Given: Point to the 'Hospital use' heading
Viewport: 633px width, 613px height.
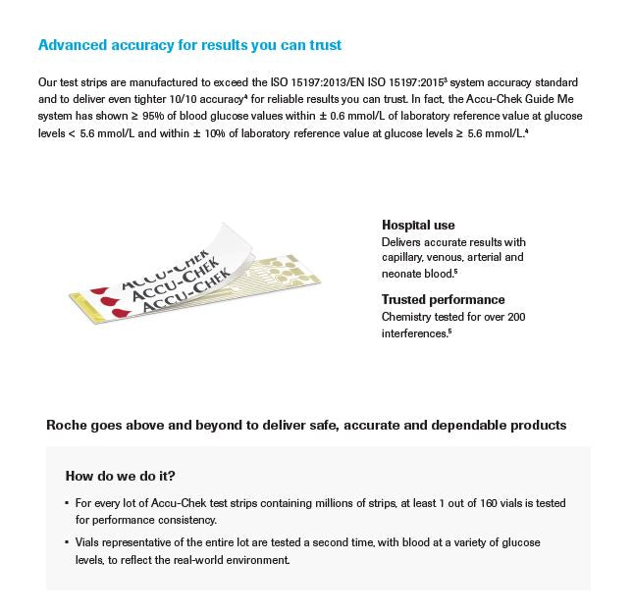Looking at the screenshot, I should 418,226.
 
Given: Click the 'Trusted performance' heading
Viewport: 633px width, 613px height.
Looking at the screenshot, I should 444,300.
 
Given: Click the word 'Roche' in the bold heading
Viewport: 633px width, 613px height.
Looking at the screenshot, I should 69,426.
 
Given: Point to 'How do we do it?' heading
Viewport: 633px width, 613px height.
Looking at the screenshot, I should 121,477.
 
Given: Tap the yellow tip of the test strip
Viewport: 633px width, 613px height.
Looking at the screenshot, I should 79,293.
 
